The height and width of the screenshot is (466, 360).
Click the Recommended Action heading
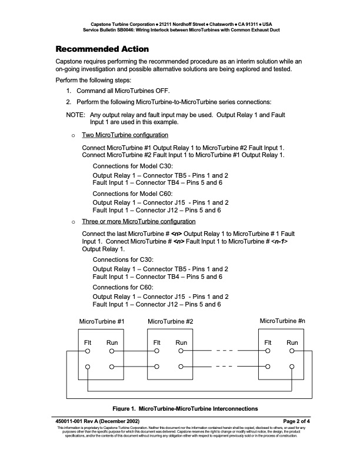(102, 48)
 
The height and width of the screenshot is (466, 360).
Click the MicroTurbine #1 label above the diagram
(102, 321)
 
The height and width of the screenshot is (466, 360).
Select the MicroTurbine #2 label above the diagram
(171, 322)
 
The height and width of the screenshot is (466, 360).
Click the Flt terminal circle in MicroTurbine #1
(88, 351)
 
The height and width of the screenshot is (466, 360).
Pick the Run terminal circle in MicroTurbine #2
(181, 351)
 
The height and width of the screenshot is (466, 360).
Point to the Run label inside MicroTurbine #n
(292, 342)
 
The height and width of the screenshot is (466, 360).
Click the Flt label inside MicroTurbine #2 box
(157, 342)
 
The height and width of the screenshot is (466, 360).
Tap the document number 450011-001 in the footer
(73, 421)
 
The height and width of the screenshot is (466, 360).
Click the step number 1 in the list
(68, 91)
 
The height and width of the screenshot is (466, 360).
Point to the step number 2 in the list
(68, 102)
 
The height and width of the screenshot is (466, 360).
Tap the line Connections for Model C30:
(132, 166)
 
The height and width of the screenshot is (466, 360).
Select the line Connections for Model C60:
(132, 193)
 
